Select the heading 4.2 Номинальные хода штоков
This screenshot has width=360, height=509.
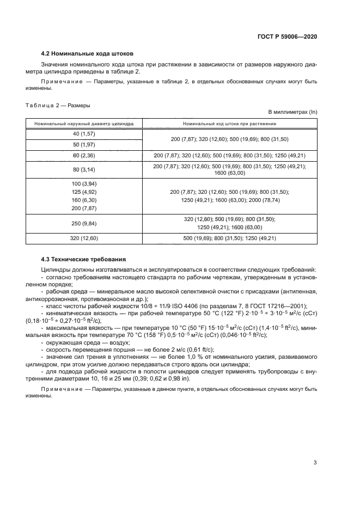click(x=88, y=53)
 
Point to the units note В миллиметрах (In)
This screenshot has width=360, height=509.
click(x=297, y=112)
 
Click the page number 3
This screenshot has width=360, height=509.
click(x=315, y=463)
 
